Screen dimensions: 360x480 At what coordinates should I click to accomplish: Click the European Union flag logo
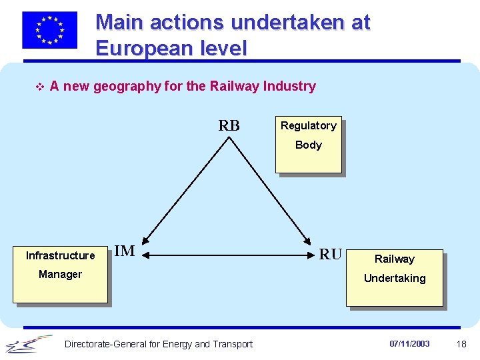point(49,30)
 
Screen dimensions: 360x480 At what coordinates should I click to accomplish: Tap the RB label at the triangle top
point(229,126)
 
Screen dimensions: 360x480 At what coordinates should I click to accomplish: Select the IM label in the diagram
point(125,251)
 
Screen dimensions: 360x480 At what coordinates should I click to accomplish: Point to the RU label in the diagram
point(331,254)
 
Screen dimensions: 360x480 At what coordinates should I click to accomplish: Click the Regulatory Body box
point(308,145)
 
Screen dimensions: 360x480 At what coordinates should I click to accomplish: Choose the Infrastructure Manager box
point(60,274)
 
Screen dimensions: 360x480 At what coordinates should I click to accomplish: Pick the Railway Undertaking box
point(394,277)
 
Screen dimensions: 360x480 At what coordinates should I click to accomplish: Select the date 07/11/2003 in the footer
point(409,344)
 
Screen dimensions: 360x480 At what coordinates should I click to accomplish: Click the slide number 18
point(461,344)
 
